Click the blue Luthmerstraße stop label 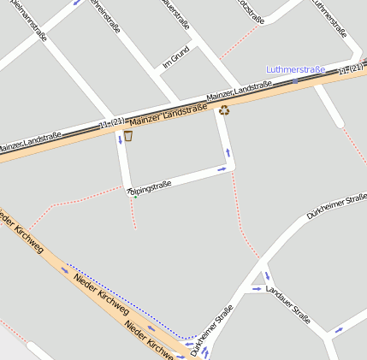click(295, 68)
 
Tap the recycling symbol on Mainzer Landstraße click(224, 109)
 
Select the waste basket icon click(128, 135)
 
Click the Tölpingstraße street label click(150, 187)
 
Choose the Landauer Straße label click(288, 304)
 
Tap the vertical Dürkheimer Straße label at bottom click(212, 331)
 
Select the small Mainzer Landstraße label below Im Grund click(240, 89)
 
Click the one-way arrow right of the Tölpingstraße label click(221, 169)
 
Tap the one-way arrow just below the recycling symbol click(228, 153)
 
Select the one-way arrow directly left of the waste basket click(119, 139)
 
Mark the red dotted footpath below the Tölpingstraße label click(134, 214)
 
